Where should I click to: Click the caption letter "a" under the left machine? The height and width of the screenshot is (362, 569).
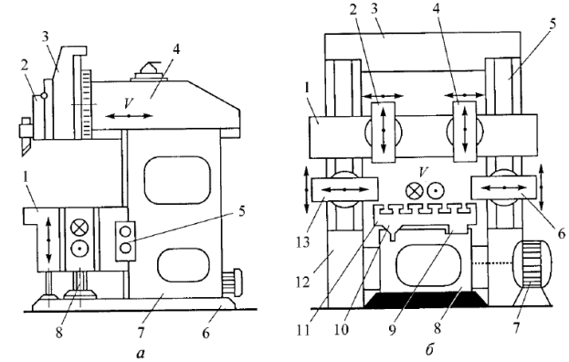coord(141,353)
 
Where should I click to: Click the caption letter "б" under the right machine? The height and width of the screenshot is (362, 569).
coord(429,351)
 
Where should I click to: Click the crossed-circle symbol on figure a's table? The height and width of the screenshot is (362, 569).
coord(78,228)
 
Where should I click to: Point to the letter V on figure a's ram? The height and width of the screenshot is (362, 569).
coord(128,103)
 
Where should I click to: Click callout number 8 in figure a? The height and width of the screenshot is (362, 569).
coord(58,333)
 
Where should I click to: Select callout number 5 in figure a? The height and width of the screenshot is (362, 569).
coord(242,211)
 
